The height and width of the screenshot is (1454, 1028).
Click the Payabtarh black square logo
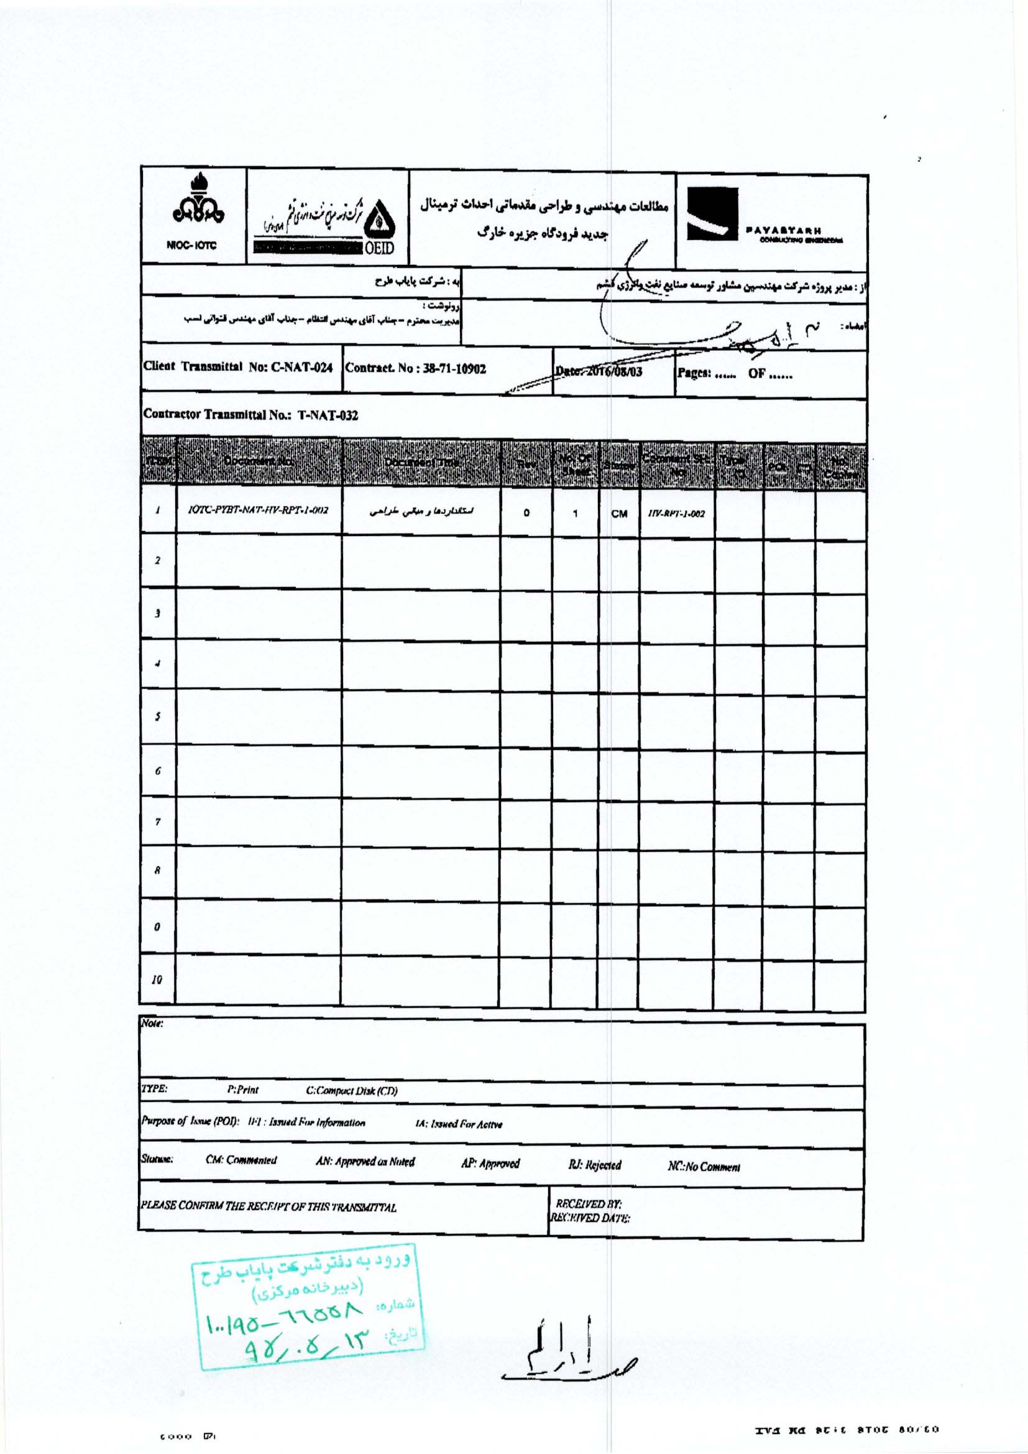(713, 214)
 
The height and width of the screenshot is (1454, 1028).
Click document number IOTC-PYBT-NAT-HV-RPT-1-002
(259, 511)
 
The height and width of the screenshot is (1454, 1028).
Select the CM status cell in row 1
(619, 514)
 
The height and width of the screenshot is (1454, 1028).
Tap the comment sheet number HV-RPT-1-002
(676, 514)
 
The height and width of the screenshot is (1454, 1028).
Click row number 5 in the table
(158, 716)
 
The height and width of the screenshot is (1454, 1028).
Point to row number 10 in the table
(157, 979)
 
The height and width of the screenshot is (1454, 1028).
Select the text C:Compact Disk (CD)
(351, 1091)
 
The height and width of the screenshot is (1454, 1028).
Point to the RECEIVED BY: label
(588, 1203)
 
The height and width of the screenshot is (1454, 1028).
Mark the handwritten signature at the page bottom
(567, 1352)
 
